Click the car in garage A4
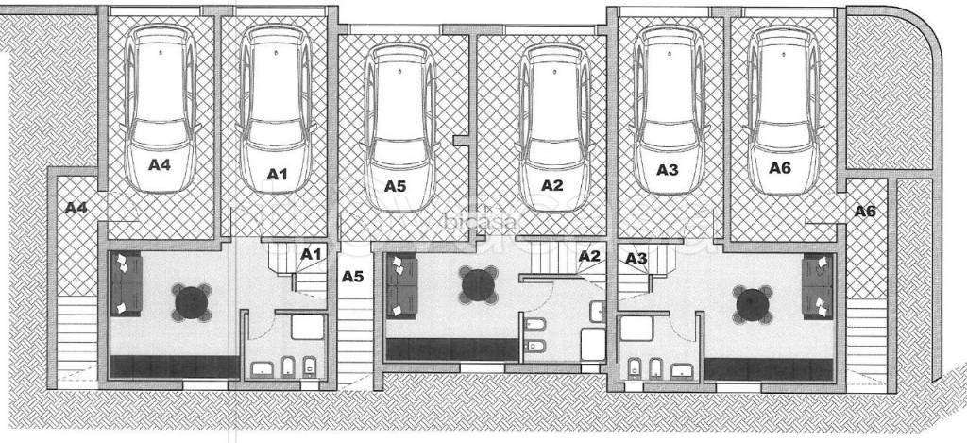point(161,110)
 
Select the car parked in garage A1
point(276,109)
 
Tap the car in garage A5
point(399,127)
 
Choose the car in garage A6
point(783,110)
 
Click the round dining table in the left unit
point(191,302)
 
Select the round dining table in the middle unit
point(479,284)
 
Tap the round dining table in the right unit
point(753,304)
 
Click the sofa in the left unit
point(127,283)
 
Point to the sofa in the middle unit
point(401,287)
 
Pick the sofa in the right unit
point(817,286)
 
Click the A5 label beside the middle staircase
point(353,277)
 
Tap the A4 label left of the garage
point(76,208)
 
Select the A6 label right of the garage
point(865,211)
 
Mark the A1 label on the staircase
point(311,253)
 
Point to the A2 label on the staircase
point(589,255)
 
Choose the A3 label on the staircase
point(636,258)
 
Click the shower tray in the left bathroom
point(308,327)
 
